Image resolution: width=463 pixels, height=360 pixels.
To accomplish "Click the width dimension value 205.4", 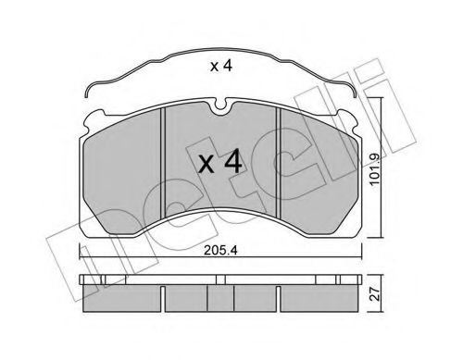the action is [x=220, y=251].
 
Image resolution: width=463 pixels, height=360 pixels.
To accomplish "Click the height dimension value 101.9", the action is [x=375, y=168].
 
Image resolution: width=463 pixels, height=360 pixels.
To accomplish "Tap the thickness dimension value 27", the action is [x=375, y=294].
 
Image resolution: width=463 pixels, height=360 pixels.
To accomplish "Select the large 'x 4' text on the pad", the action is [x=219, y=161].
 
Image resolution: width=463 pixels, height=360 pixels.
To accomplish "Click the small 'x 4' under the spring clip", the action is [x=220, y=67].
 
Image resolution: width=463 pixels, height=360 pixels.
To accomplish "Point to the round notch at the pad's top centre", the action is [x=220, y=105].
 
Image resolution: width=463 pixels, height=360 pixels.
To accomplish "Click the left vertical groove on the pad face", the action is [x=163, y=163].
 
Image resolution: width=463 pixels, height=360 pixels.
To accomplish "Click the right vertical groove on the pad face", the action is [x=278, y=162].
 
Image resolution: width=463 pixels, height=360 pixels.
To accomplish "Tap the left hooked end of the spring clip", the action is [x=87, y=91].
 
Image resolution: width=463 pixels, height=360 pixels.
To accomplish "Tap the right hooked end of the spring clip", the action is [x=355, y=91].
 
